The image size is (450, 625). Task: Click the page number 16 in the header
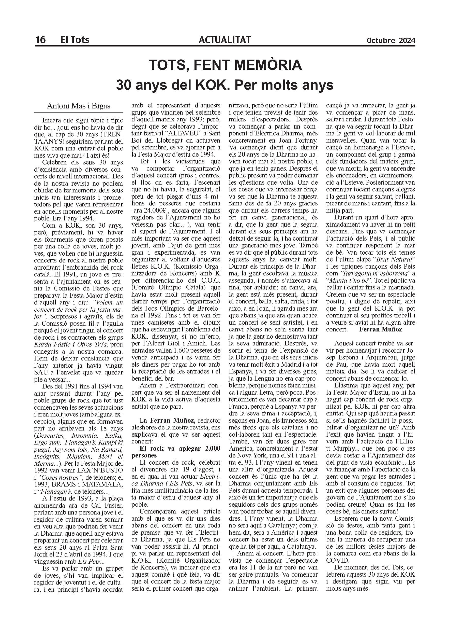pyautogui.click(x=40, y=40)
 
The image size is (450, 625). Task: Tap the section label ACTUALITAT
pyautogui.click(x=224, y=40)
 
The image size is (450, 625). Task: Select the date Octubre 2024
pyautogui.click(x=391, y=40)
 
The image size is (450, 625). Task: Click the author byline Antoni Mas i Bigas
pyautogui.click(x=79, y=106)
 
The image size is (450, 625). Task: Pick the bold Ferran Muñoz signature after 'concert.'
pyautogui.click(x=381, y=329)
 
